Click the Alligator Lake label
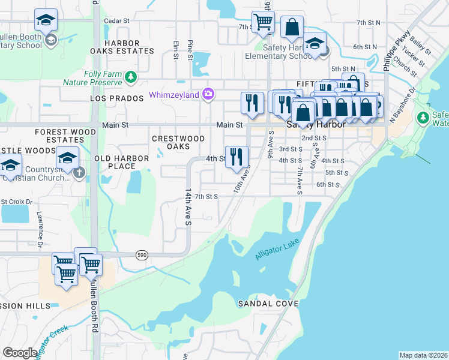pyautogui.click(x=275, y=251)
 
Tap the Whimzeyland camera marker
pyautogui.click(x=208, y=94)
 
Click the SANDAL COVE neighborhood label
pyautogui.click(x=268, y=304)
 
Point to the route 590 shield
pyautogui.click(x=142, y=254)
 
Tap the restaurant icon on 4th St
pyautogui.click(x=237, y=157)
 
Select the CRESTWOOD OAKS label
pyautogui.click(x=178, y=142)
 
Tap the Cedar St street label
pyautogui.click(x=117, y=20)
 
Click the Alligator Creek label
pyautogui.click(x=51, y=343)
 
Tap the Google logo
pyautogui.click(x=19, y=353)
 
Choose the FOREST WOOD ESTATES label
pyautogui.click(x=65, y=136)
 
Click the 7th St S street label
pyautogui.click(x=206, y=196)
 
